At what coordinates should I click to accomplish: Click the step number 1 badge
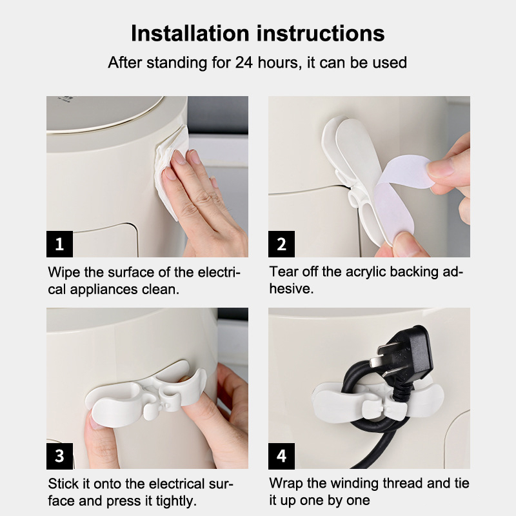(x=59, y=244)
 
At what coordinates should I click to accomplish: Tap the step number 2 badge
(x=281, y=244)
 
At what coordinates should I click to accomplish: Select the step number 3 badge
(x=59, y=456)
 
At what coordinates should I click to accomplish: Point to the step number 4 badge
(x=281, y=456)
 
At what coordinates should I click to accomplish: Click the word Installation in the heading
(x=190, y=34)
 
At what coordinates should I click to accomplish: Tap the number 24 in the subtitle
(x=244, y=63)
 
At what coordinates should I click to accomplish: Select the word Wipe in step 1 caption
(x=64, y=272)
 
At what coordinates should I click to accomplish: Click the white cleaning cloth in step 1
(x=171, y=171)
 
